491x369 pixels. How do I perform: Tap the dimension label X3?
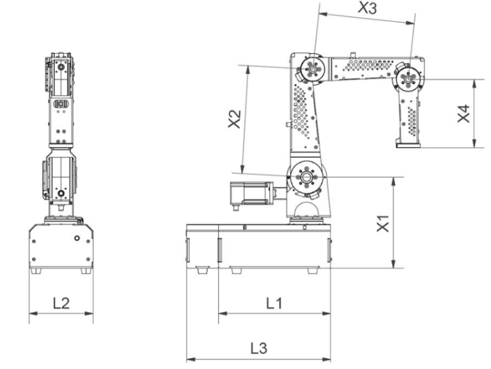(367, 8)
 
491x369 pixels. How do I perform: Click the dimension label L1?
(274, 303)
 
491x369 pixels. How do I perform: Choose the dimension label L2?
(61, 303)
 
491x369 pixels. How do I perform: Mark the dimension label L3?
(258, 349)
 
